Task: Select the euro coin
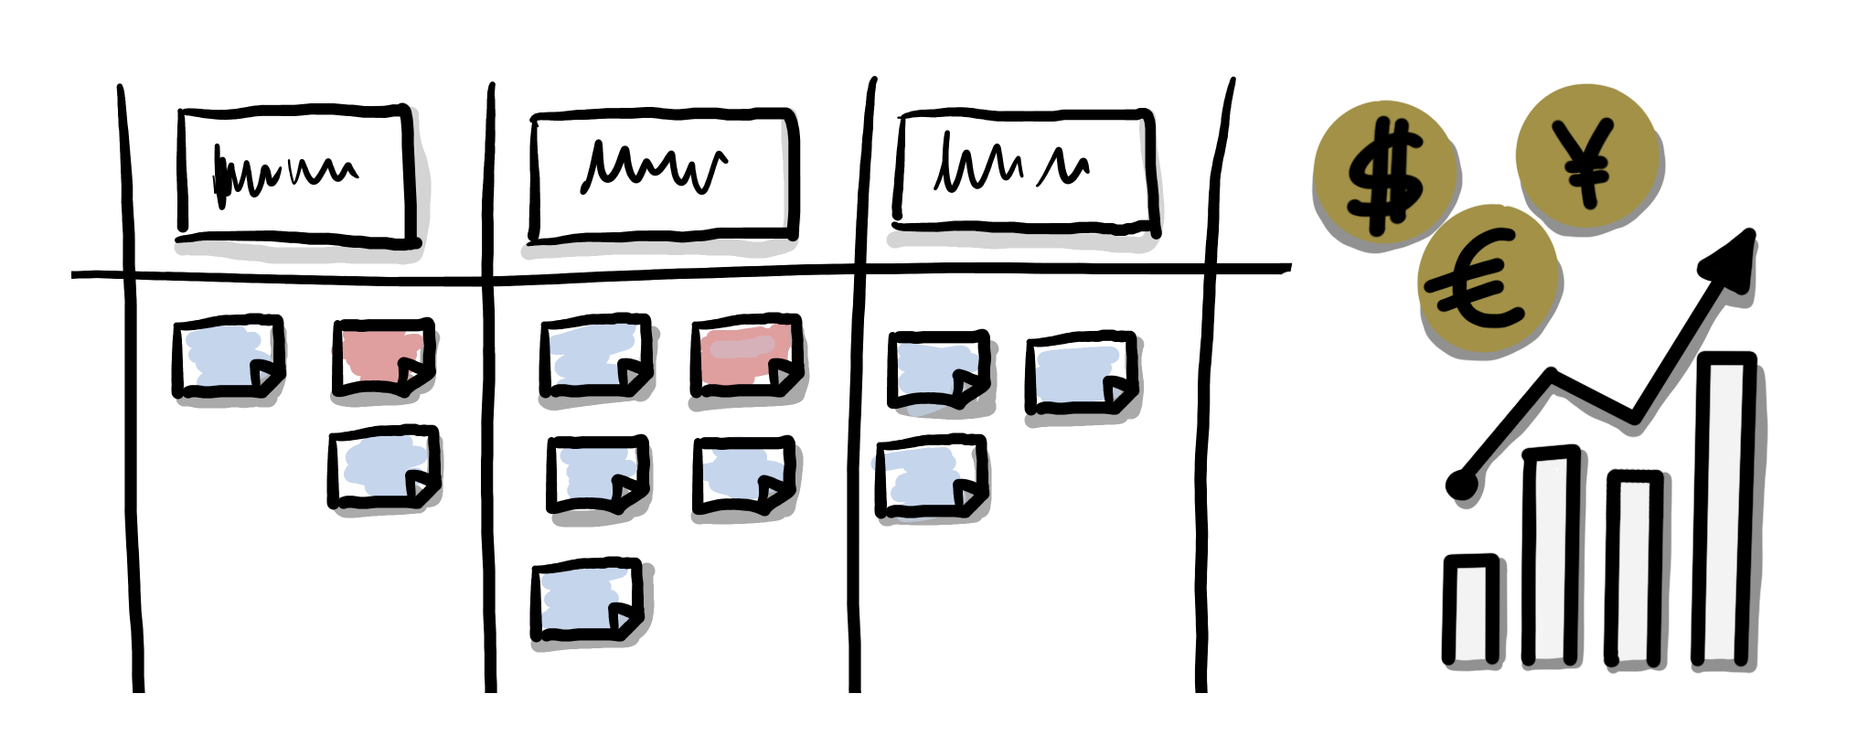[x=1487, y=280]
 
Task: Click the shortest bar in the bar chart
[x=1470, y=610]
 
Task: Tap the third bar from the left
[x=1634, y=568]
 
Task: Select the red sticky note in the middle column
[x=746, y=354]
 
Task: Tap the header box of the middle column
[x=662, y=174]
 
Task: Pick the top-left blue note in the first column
[x=228, y=357]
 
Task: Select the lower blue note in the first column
[x=383, y=467]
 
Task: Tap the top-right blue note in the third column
[x=1081, y=372]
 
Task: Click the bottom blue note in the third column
[x=931, y=476]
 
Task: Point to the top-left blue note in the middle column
[x=595, y=356]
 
